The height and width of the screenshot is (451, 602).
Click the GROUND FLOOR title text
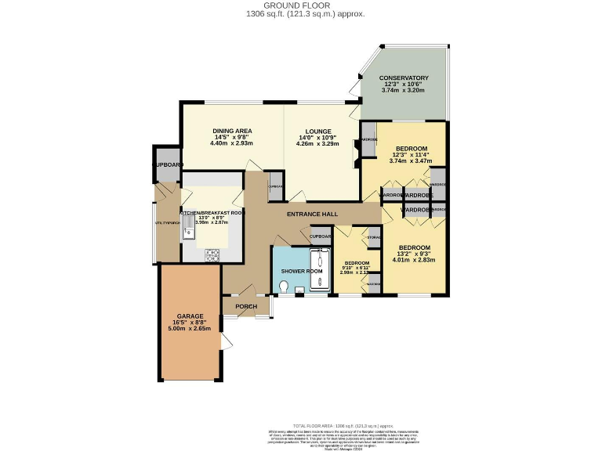302,5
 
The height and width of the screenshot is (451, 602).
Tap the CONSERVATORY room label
404,78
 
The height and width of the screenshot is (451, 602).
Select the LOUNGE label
314,132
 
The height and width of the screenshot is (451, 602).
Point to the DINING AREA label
232,132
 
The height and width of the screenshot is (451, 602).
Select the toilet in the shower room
282,287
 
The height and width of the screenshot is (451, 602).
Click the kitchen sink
189,228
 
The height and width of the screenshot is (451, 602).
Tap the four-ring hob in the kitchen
212,254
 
